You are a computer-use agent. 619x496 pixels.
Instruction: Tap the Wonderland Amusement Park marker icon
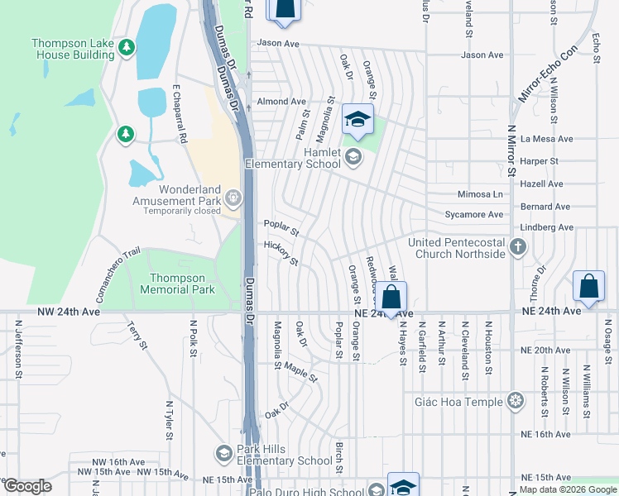tap(233, 197)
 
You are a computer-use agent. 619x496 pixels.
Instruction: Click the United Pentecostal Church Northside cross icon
tap(518, 246)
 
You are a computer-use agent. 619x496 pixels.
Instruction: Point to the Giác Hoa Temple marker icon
tap(516, 402)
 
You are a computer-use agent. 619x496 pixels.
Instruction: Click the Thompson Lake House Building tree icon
tap(126, 46)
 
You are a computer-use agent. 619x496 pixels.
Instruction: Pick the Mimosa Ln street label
tap(480, 194)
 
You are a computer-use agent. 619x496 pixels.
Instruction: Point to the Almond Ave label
tap(281, 102)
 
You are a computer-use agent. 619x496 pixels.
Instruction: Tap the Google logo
tap(27, 486)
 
